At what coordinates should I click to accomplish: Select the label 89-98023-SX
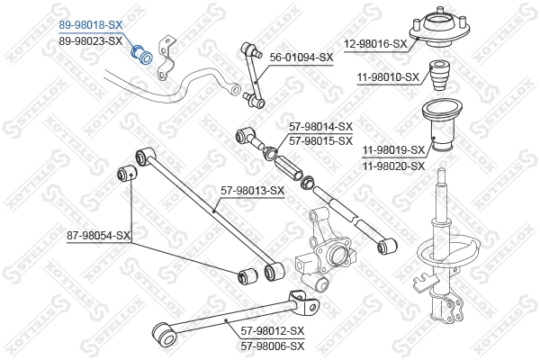(90, 40)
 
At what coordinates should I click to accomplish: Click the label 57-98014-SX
(320, 128)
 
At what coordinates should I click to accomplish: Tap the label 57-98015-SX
(320, 140)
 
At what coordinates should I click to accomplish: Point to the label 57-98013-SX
(253, 190)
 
